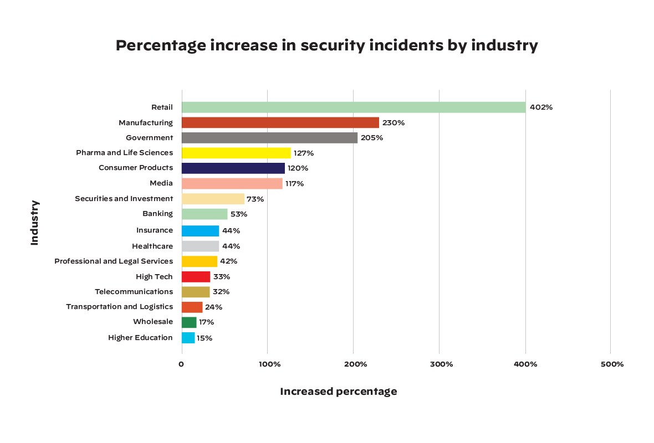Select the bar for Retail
coord(354,107)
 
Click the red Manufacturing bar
coord(280,122)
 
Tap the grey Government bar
coord(269,138)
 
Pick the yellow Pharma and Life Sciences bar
coord(236,153)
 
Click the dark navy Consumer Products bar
coord(233,168)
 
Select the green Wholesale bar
coord(189,322)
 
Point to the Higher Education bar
coord(188,338)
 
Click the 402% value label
coord(541,107)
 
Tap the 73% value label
coord(255,199)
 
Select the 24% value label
coord(213,307)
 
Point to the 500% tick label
coord(612,364)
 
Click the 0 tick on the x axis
coord(181,364)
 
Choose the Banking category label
coord(157,214)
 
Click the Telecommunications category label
coord(134,292)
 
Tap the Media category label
coord(161,183)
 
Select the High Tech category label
coord(154,277)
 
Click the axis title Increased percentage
coord(338,392)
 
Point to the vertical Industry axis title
coord(34,223)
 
